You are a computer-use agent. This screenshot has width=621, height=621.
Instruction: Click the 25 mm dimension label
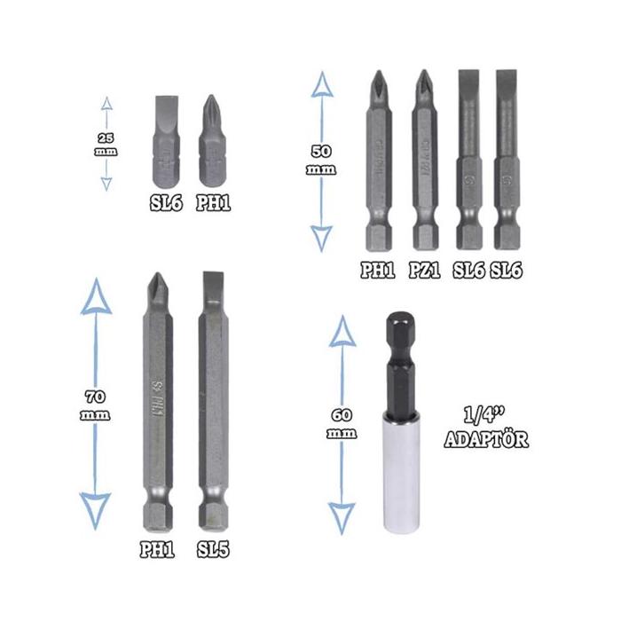pyautogui.click(x=106, y=143)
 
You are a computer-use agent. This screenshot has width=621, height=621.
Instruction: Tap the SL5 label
pyautogui.click(x=213, y=550)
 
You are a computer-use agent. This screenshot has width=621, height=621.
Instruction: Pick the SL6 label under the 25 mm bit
pyautogui.click(x=166, y=203)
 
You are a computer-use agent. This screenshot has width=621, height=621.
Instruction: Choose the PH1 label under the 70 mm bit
pyautogui.click(x=157, y=550)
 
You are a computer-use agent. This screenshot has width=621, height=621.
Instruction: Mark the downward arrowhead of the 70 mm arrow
pyautogui.click(x=95, y=513)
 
